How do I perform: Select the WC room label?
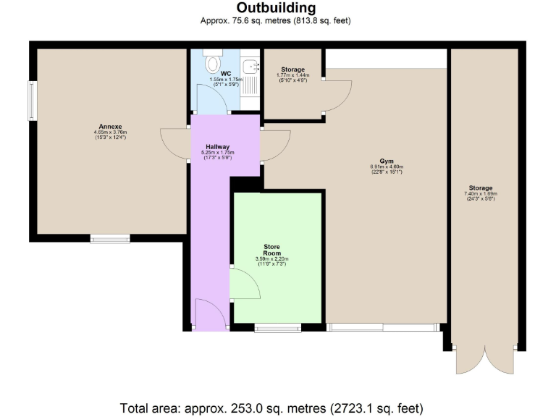coord(225,73)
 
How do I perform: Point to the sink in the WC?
coord(253,67)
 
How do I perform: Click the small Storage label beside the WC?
coord(292,69)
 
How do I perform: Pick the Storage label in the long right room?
coord(480,188)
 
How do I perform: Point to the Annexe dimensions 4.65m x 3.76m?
coord(109,132)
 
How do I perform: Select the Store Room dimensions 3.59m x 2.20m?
coord(271,259)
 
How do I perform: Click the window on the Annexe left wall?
coord(33,101)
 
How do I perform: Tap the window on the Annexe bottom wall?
coord(110,237)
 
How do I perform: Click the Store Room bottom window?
coord(278,328)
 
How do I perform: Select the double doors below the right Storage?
coord(484,358)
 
